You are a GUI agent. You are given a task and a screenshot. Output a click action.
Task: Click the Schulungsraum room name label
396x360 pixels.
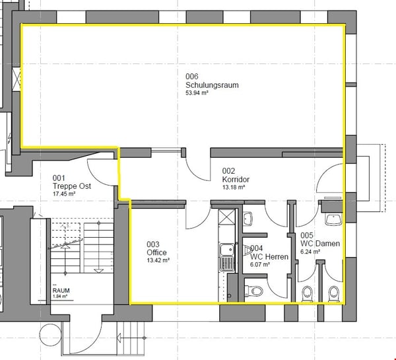pos(212,85)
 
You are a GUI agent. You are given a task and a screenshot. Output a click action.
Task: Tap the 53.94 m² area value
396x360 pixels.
pos(197,93)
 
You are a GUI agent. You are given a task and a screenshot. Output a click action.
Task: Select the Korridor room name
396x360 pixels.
pos(236,180)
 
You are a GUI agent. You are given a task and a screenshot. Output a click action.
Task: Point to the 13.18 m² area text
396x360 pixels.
pos(234,188)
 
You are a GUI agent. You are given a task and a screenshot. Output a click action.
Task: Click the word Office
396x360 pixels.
pos(156,252)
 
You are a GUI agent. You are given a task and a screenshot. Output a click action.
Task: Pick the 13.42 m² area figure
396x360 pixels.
pos(158,260)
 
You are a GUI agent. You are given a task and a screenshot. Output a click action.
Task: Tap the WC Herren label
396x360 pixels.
pos(269,257)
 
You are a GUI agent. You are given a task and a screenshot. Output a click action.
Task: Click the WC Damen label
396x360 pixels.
pos(320,244)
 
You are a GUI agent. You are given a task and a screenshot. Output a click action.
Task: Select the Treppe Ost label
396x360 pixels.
pos(72,186)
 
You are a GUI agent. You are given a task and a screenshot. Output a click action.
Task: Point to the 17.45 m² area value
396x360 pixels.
pos(64,194)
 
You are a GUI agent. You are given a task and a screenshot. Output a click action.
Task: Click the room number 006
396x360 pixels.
pos(192,77)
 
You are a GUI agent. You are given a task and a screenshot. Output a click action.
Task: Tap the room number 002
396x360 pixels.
pos(228,171)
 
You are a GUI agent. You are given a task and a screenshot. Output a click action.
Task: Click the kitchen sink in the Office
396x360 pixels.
pos(227,257)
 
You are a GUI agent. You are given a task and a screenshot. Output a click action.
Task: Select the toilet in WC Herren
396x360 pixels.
pos(254,291)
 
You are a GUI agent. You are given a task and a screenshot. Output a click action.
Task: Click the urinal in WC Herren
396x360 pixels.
pos(248,250)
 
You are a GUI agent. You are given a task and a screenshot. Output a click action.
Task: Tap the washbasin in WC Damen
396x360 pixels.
pos(333,219)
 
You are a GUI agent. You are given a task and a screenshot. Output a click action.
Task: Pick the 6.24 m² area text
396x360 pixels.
pos(310,252)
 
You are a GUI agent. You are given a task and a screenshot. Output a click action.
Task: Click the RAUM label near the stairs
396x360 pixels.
pos(61,291)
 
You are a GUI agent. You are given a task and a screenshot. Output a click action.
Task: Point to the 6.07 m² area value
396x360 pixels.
pos(260,265)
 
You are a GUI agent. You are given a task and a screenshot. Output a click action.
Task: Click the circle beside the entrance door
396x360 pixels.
pos(51,335)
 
